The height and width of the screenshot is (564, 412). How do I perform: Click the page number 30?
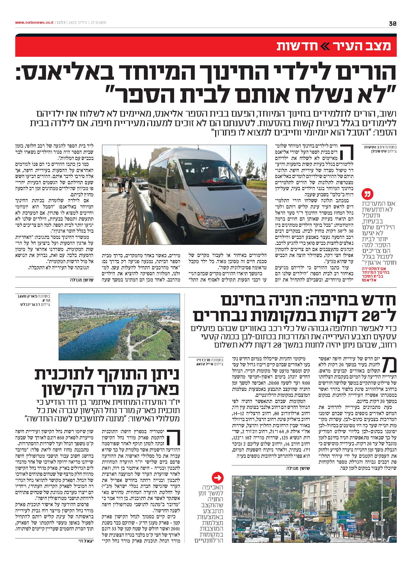click(x=393, y=23)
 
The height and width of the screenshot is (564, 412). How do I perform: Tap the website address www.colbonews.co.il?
click(x=34, y=23)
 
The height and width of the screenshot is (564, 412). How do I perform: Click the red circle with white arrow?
click(x=217, y=478)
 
